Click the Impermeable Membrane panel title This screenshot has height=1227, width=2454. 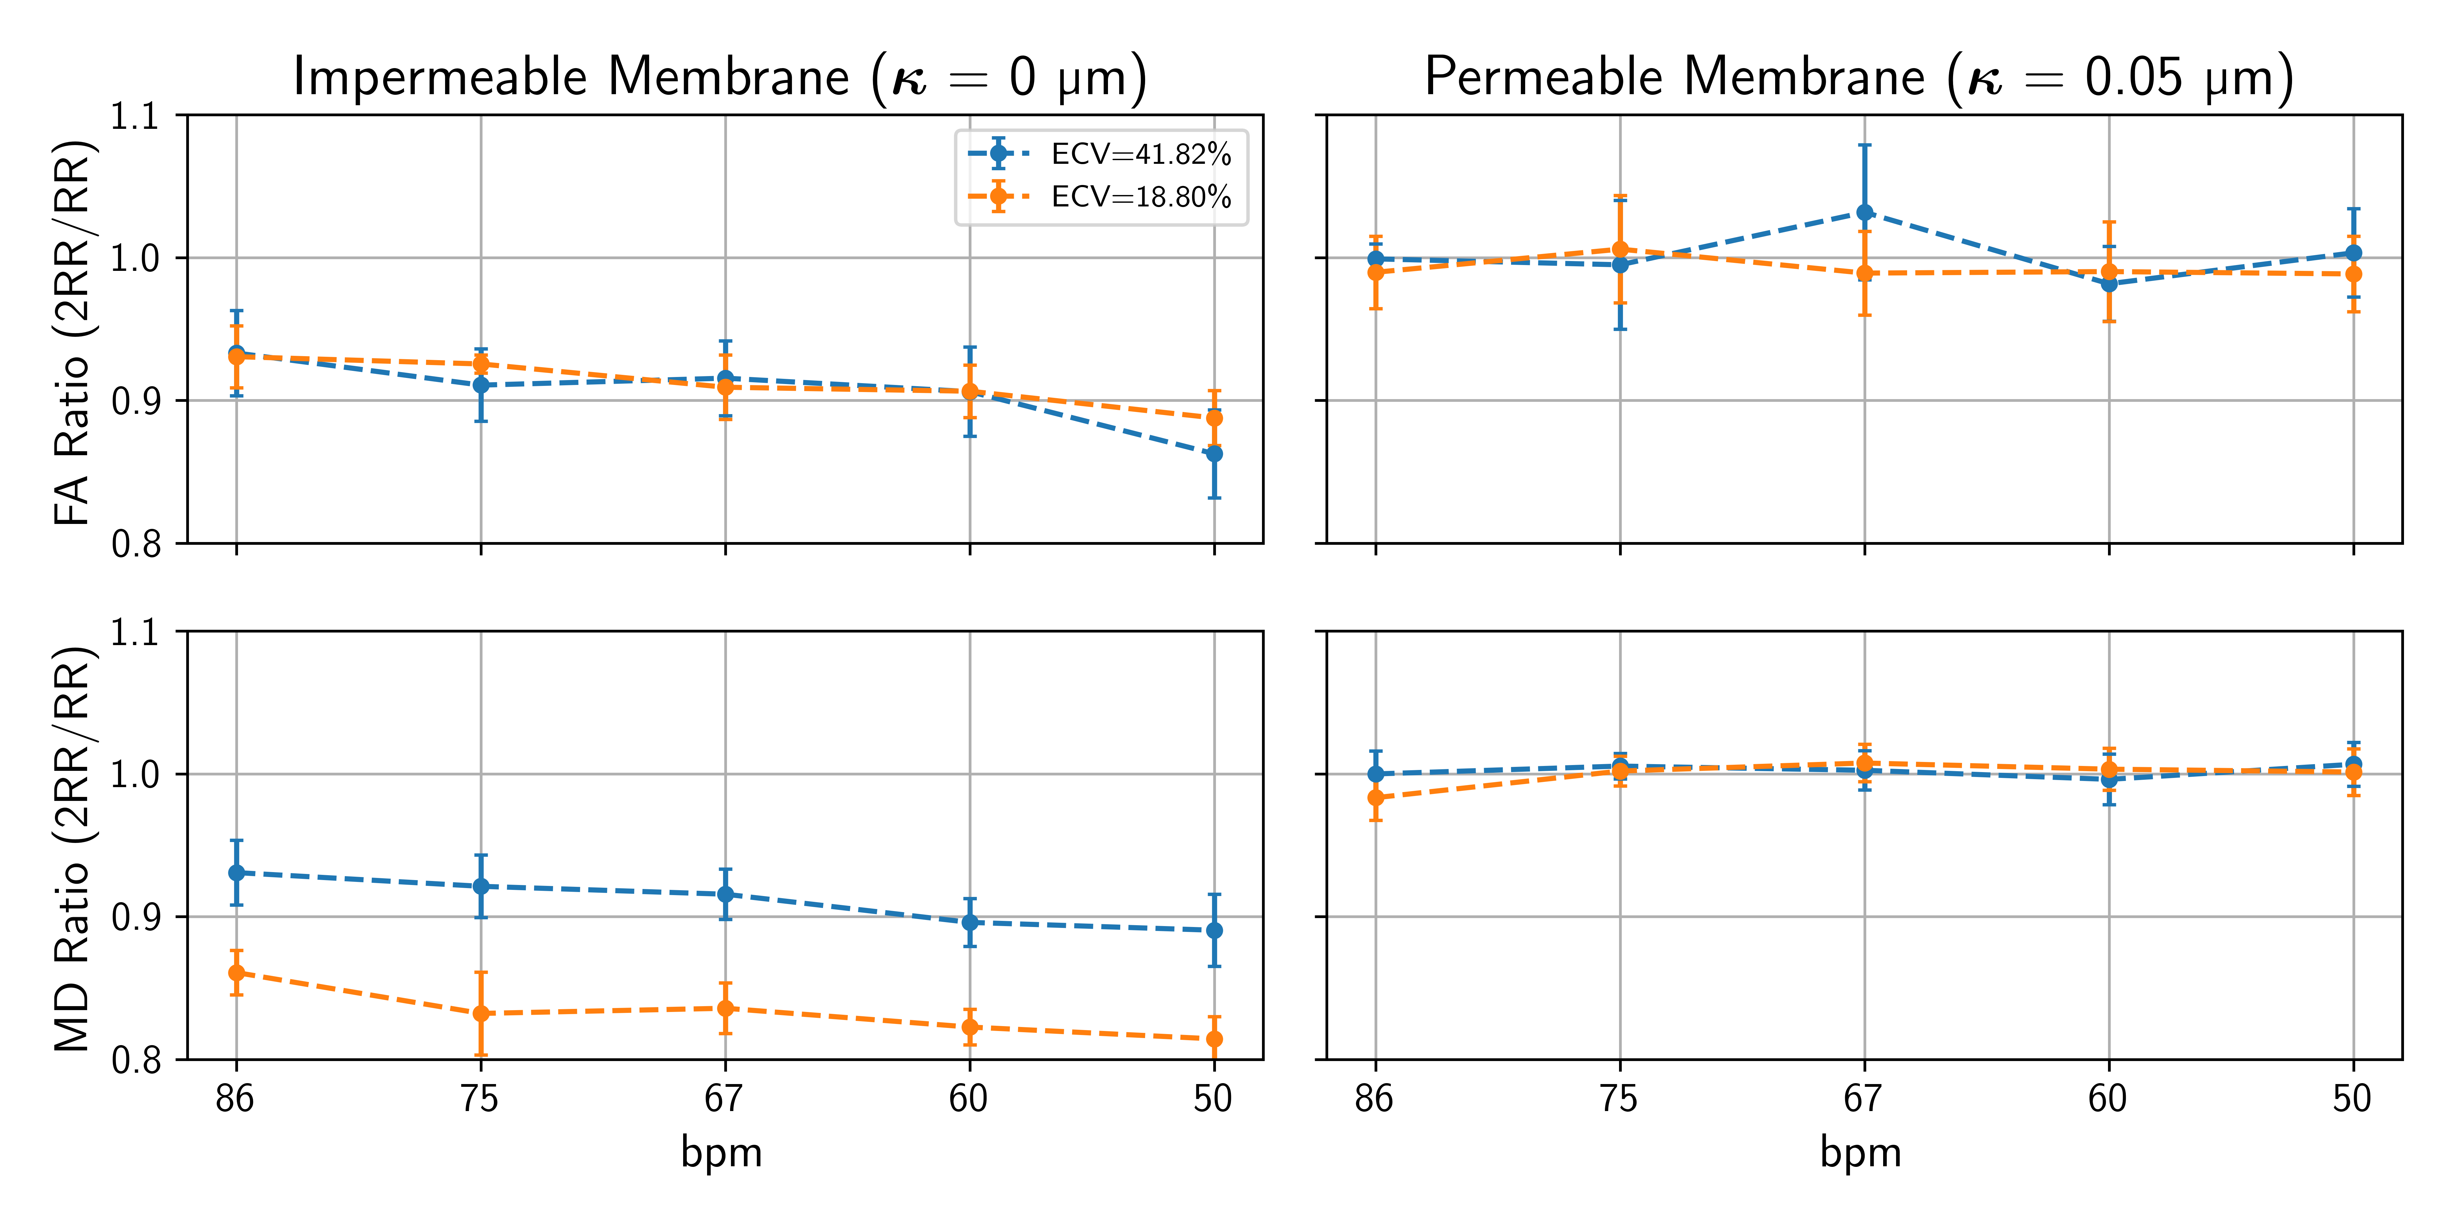click(x=720, y=76)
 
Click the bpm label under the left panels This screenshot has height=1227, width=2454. click(x=721, y=1153)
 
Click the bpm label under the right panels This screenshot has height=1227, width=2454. click(x=1860, y=1153)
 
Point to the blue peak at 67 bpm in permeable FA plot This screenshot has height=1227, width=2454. click(x=1864, y=213)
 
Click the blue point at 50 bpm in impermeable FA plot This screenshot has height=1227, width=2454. click(x=1214, y=453)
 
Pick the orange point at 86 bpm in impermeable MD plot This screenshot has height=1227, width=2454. click(x=236, y=973)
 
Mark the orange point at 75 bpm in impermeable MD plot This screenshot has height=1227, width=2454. click(x=481, y=1014)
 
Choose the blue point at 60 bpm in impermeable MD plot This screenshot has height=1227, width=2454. click(x=970, y=922)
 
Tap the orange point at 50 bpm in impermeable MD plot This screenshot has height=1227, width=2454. click(x=1214, y=1039)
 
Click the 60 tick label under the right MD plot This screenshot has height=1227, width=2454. click(x=2107, y=1099)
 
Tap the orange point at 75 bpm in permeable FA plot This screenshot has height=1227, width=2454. click(x=1620, y=250)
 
